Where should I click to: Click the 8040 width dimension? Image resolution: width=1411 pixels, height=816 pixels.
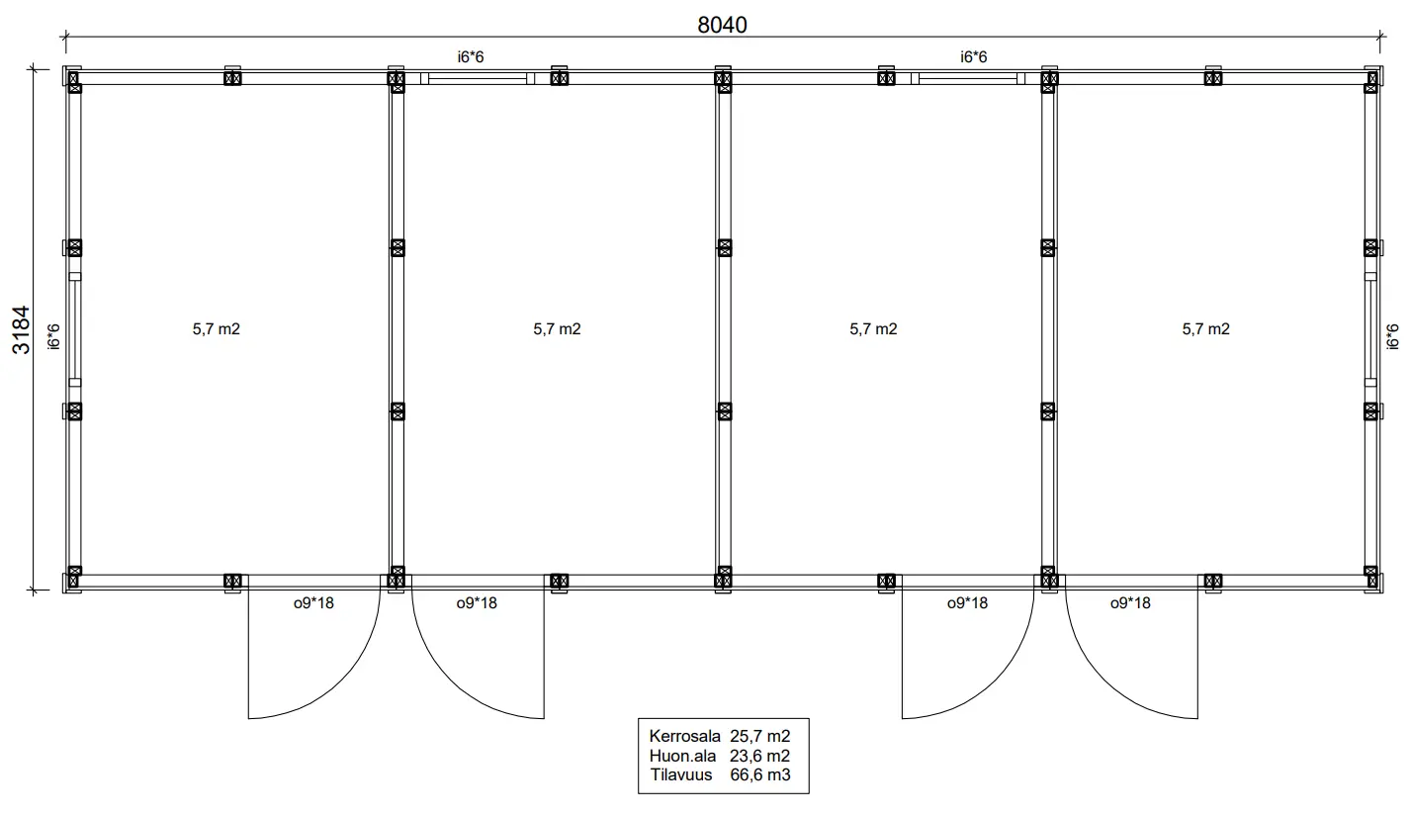tap(722, 25)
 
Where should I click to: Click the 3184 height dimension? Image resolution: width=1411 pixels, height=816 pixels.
tap(22, 329)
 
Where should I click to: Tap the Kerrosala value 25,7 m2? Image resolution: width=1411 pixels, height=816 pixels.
tap(759, 736)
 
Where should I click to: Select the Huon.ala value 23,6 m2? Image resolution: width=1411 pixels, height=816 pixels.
tap(759, 756)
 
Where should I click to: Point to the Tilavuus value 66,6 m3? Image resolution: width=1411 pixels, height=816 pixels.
tap(759, 774)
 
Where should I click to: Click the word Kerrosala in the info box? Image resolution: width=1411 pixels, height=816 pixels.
tap(684, 736)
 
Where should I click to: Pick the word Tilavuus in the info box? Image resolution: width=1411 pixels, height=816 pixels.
tap(681, 774)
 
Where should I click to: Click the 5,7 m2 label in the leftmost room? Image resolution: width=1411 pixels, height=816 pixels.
tap(217, 329)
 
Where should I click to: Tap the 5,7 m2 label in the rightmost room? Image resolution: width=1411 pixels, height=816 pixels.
tap(1205, 329)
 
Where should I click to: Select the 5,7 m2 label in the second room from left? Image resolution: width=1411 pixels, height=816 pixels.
tap(557, 329)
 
